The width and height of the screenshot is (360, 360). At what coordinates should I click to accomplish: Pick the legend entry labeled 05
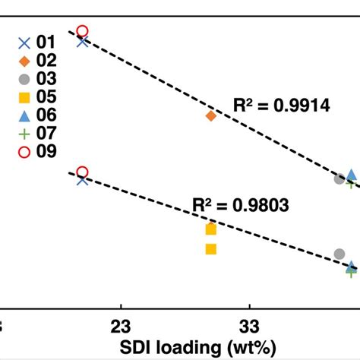tap(36, 97)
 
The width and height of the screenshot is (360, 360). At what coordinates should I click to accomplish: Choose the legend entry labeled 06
tap(36, 115)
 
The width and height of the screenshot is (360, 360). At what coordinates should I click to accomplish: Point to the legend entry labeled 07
tap(36, 134)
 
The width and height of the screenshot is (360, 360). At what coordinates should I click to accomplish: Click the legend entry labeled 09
tap(36, 152)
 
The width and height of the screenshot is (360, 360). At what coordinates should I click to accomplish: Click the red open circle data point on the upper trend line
tap(83, 31)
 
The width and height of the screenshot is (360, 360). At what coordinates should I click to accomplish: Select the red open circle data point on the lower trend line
tap(83, 172)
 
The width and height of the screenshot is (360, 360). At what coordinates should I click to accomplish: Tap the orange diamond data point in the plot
tap(211, 115)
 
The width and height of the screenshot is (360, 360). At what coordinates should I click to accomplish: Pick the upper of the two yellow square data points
tap(211, 229)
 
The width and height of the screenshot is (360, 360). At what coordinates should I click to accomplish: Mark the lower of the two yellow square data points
tap(211, 248)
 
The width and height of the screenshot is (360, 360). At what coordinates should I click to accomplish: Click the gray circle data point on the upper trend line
tap(339, 178)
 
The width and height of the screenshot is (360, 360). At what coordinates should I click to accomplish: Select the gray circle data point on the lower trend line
tap(339, 254)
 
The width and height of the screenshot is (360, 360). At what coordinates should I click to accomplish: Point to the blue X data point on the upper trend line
tap(83, 41)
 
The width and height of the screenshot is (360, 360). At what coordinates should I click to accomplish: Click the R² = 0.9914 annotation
tap(281, 107)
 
